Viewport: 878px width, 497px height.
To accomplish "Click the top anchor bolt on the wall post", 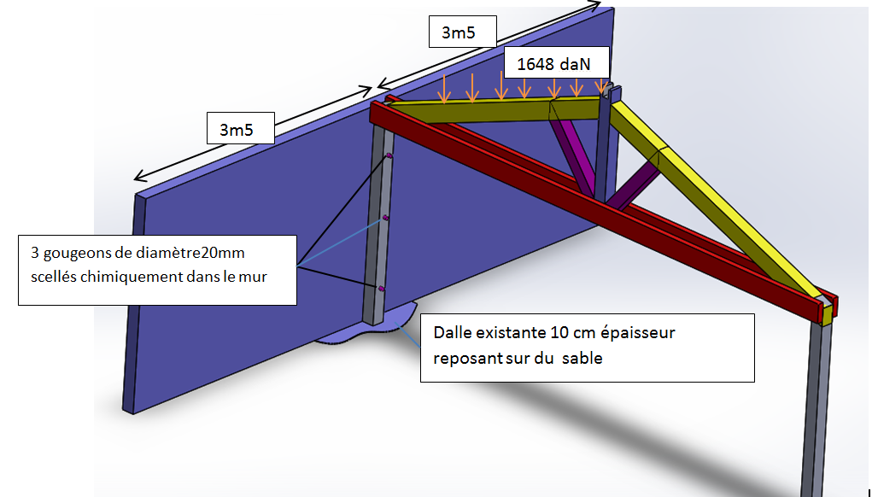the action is point(389,155).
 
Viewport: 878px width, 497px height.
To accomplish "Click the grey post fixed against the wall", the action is point(378,231).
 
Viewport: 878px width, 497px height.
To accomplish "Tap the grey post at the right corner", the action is point(816,401).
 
